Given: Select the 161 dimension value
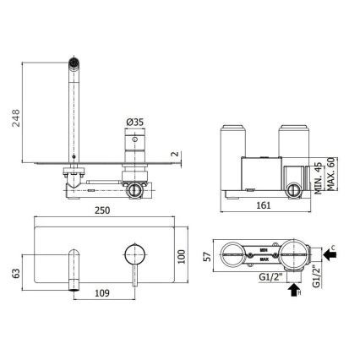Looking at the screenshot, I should (x=263, y=205).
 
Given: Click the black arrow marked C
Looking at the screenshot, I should (x=330, y=251).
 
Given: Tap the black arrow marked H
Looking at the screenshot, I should (x=293, y=292).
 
